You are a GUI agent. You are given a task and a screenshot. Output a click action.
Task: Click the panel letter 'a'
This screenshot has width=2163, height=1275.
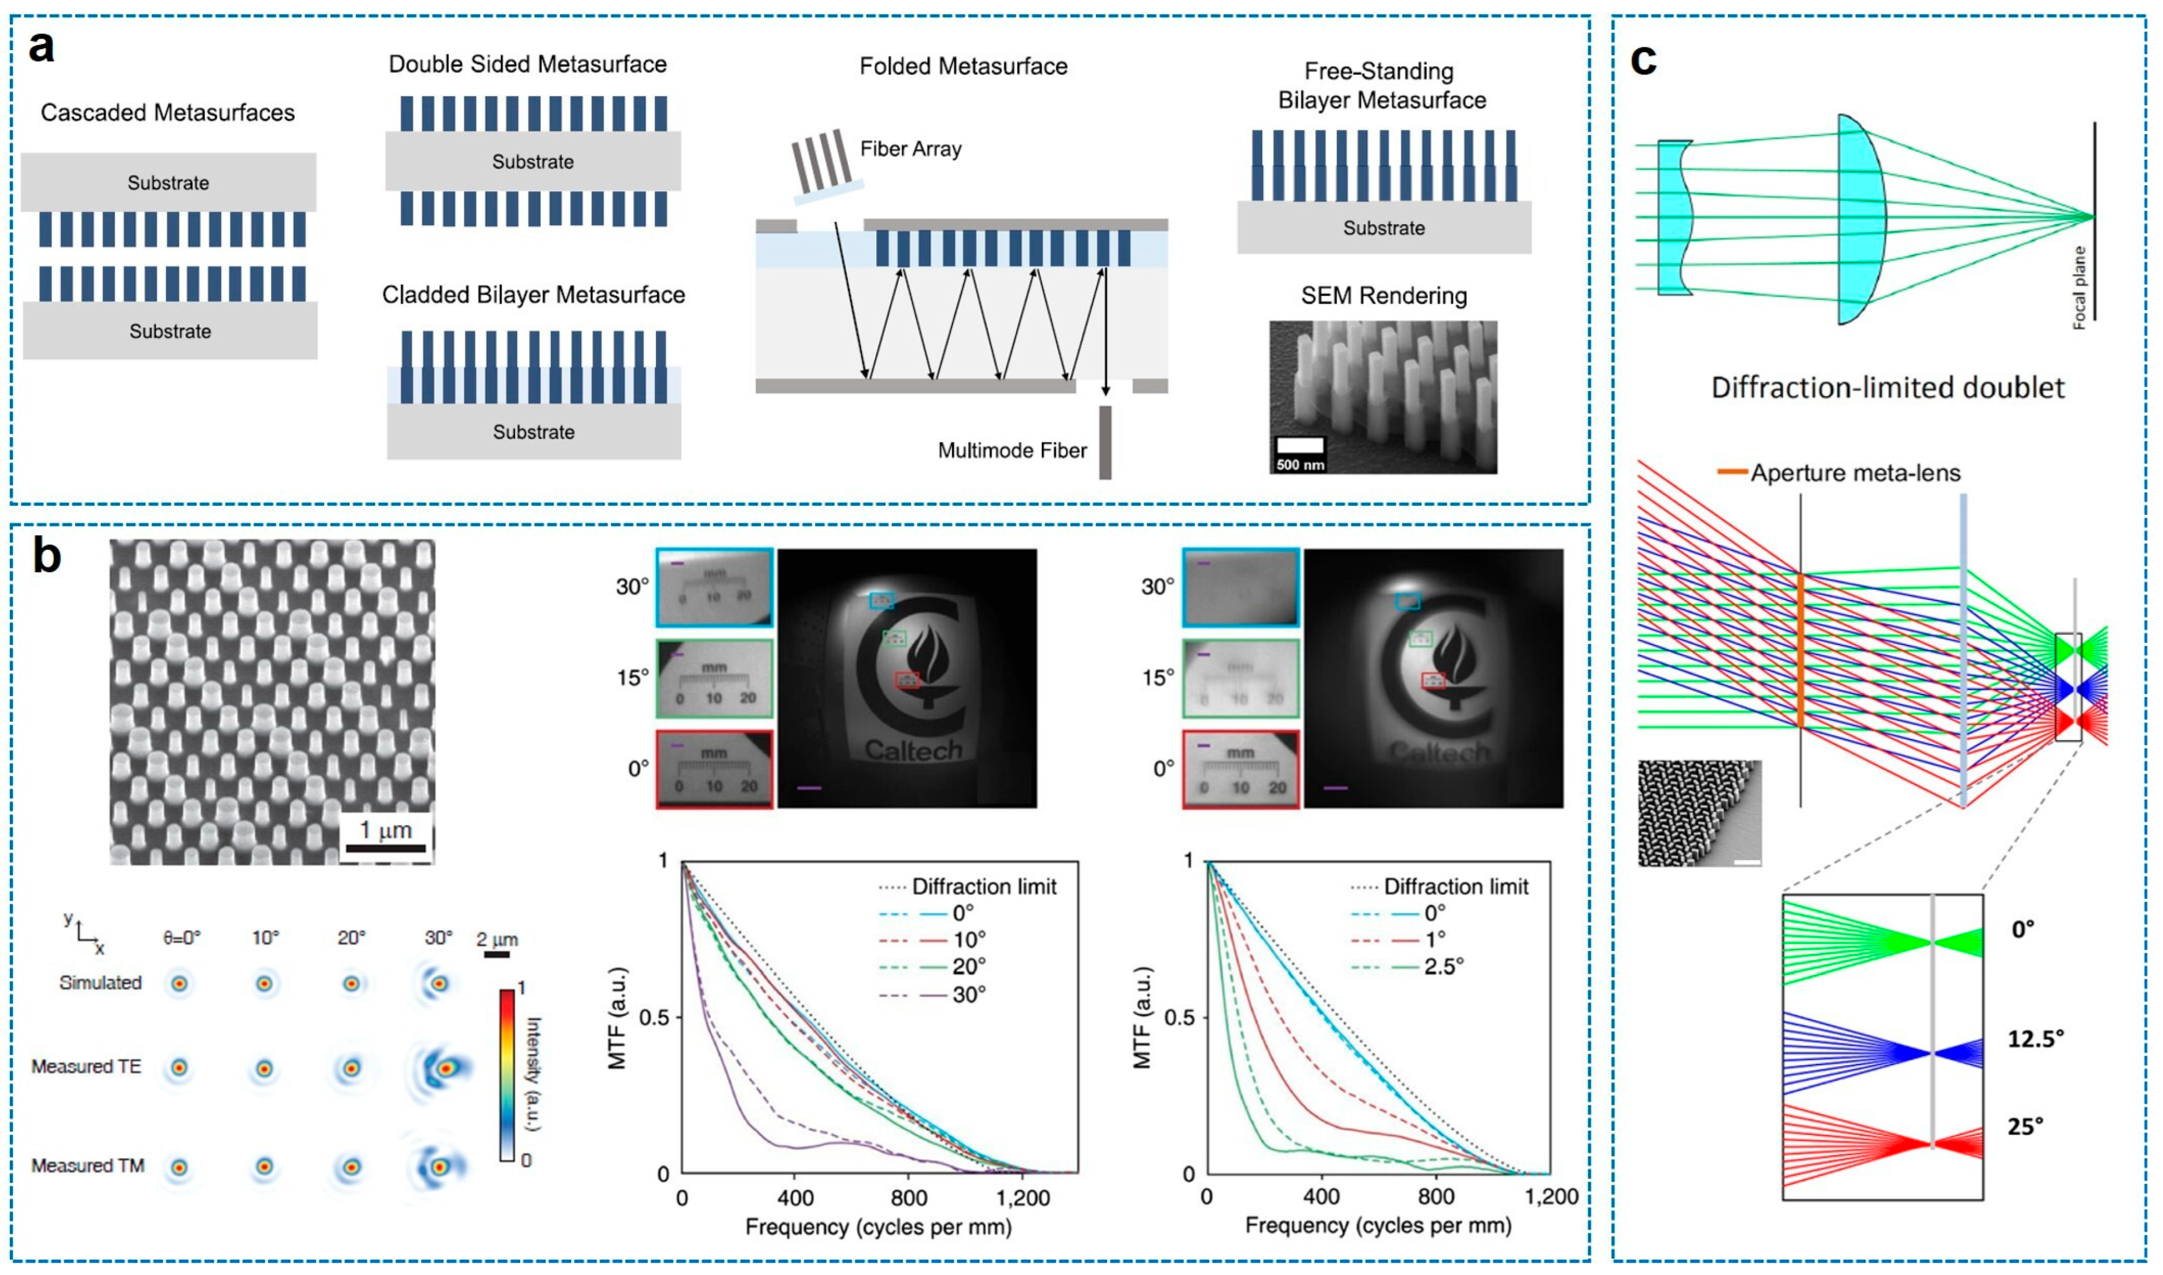click(x=41, y=47)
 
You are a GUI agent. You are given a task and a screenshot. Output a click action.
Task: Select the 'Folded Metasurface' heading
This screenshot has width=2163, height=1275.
click(x=963, y=66)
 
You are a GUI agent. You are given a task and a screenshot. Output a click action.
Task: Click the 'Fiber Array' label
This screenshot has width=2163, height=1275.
click(x=911, y=149)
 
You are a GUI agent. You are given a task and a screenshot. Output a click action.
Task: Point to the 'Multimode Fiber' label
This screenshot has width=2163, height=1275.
click(x=1012, y=450)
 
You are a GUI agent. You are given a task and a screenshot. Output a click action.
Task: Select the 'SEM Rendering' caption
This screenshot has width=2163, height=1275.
click(x=1384, y=296)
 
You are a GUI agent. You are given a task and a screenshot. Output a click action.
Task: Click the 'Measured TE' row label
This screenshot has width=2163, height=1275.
click(x=86, y=1066)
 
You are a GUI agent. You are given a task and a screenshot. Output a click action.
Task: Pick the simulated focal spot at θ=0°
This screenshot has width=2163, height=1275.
click(x=180, y=983)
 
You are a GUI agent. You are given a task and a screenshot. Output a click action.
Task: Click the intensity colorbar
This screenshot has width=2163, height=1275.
click(x=508, y=1075)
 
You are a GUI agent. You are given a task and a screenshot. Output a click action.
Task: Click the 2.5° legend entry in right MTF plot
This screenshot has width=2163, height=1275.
click(x=1443, y=967)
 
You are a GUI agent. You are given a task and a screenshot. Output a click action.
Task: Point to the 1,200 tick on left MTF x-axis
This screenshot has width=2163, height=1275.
click(x=1023, y=1198)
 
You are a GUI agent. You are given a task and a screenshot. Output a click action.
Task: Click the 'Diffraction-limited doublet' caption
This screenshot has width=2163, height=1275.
click(x=1887, y=387)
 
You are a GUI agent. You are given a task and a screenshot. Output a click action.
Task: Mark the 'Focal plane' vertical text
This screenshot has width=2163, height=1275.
click(x=2079, y=287)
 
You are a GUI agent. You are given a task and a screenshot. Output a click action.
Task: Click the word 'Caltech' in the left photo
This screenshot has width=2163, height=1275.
click(x=913, y=750)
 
